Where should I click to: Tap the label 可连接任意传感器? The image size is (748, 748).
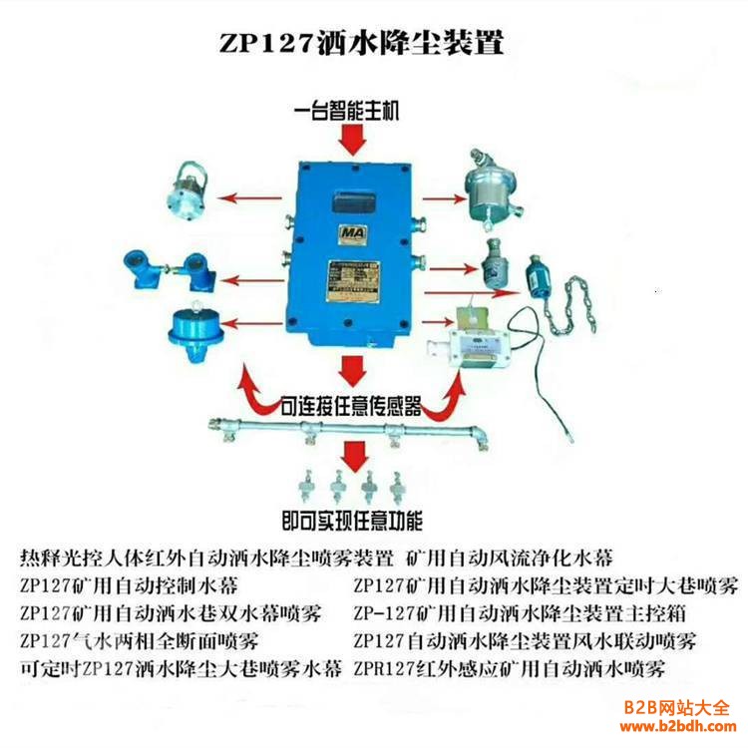click(x=349, y=406)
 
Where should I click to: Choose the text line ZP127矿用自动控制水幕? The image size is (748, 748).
click(x=129, y=583)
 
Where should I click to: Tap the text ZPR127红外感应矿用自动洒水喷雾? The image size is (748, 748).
click(x=510, y=667)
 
